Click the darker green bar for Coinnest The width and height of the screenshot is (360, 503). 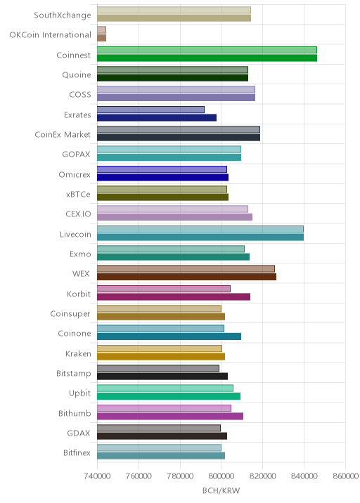point(207,58)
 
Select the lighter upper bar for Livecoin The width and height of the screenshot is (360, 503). point(200,229)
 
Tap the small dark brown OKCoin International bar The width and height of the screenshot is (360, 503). point(101,38)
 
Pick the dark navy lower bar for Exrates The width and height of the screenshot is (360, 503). point(157,118)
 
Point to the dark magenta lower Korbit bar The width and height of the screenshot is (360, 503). point(174,296)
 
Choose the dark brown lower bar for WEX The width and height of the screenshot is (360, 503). point(186,277)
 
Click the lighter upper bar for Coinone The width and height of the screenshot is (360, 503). point(160,329)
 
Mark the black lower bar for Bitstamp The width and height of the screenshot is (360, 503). point(162,377)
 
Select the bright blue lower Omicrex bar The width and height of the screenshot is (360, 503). point(163,178)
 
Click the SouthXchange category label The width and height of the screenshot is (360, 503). point(63,15)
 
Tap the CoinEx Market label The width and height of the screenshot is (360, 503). point(63,134)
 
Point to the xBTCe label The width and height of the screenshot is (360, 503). point(78,194)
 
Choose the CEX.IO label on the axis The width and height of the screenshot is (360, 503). point(78,214)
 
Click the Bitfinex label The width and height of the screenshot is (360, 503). point(77,452)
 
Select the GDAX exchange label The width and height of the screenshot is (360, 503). point(79,433)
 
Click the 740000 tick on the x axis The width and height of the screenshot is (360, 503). point(97,476)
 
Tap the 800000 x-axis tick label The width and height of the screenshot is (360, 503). point(221,476)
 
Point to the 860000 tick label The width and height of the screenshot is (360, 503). point(345,476)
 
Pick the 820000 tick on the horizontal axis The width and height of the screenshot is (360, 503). point(262,476)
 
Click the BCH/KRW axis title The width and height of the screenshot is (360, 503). point(221,490)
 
